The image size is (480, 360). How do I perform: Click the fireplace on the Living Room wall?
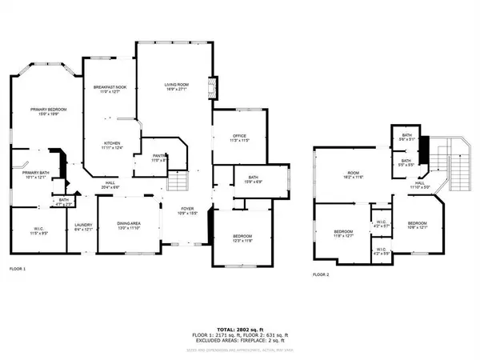click(210, 86)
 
